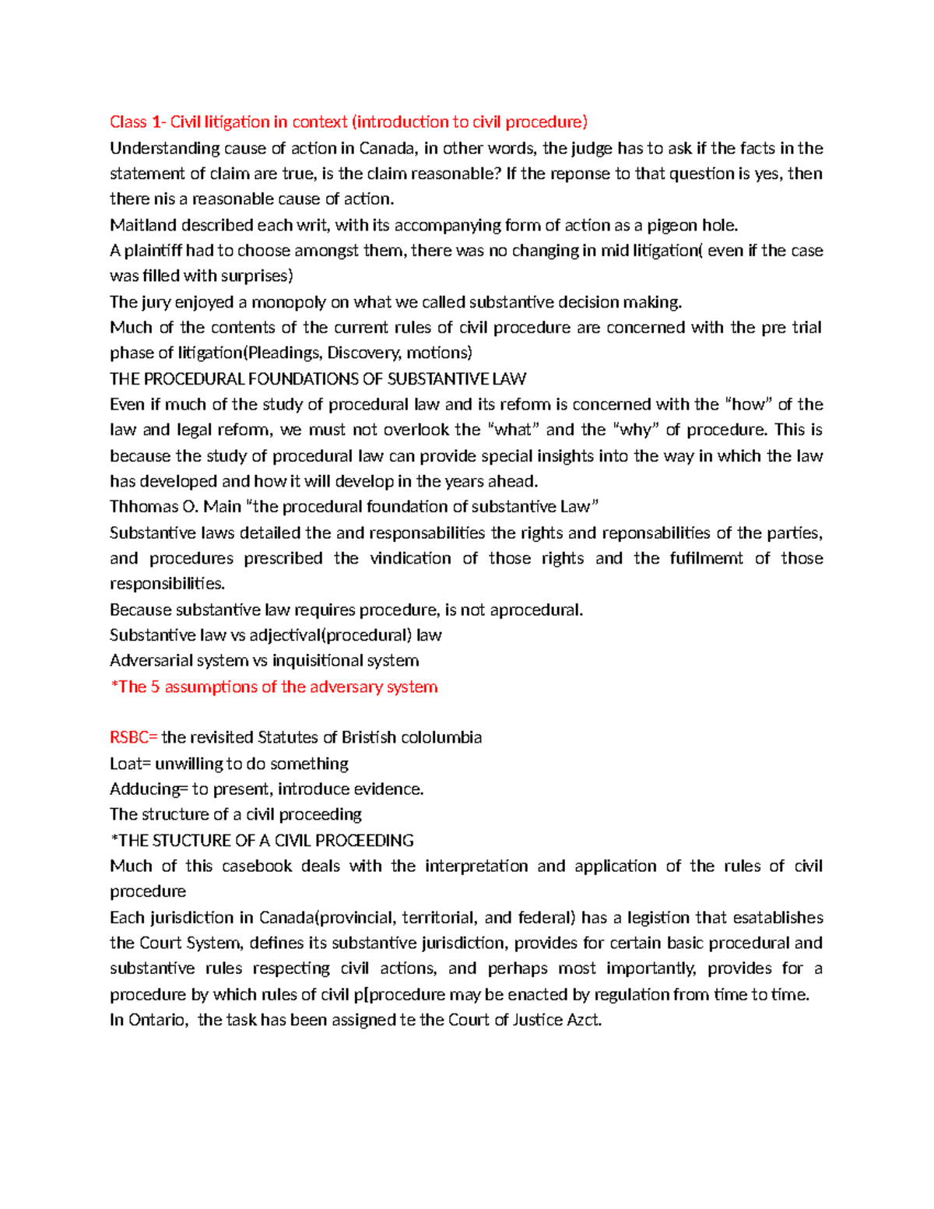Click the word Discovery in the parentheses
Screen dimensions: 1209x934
pos(364,353)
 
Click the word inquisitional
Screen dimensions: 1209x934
pos(346,661)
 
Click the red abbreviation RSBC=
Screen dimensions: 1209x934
pos(133,737)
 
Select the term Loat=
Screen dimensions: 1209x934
pos(130,763)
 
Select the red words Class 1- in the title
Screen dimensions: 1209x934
pos(138,121)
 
